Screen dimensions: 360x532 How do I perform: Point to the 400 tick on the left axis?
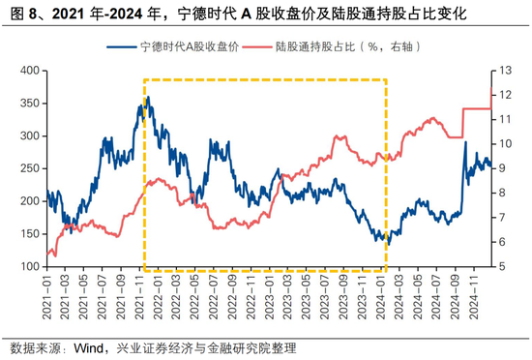pyautogui.click(x=29, y=70)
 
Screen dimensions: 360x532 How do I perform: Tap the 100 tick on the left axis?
pyautogui.click(x=29, y=267)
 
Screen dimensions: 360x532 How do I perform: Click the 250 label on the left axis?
pyautogui.click(x=29, y=168)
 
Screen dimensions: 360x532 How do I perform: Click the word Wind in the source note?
pyautogui.click(x=93, y=347)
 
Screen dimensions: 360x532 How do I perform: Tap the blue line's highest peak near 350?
pyautogui.click(x=146, y=97)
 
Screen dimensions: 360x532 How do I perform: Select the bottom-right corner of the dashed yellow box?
pyautogui.click(x=388, y=270)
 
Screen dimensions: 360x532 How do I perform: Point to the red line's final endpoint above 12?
pyautogui.click(x=492, y=90)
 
